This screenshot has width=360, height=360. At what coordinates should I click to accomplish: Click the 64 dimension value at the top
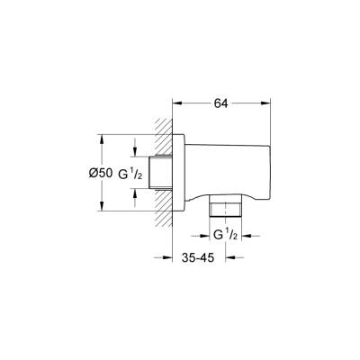click(x=221, y=103)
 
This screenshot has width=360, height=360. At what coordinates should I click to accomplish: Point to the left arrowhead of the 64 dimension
click(x=176, y=103)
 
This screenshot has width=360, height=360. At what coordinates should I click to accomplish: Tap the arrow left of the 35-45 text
click(x=166, y=257)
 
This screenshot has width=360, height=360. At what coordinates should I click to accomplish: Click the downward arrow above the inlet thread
click(x=136, y=152)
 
